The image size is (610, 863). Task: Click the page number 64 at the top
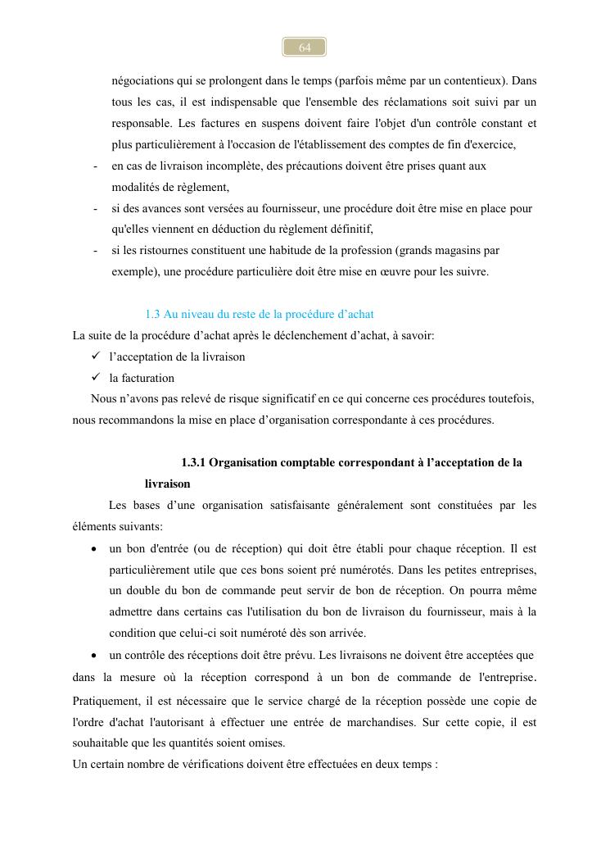(x=305, y=48)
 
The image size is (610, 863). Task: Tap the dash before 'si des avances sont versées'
(x=96, y=209)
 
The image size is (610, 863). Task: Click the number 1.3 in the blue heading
(x=152, y=315)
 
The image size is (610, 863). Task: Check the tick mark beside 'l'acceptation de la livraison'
(x=95, y=357)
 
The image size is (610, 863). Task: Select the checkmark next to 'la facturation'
(x=95, y=378)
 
